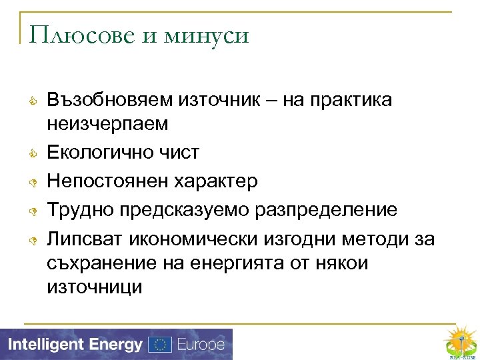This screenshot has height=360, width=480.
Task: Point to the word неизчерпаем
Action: click(x=107, y=123)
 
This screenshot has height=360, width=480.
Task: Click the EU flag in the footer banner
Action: click(x=159, y=345)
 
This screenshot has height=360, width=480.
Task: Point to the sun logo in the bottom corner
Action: click(x=460, y=340)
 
